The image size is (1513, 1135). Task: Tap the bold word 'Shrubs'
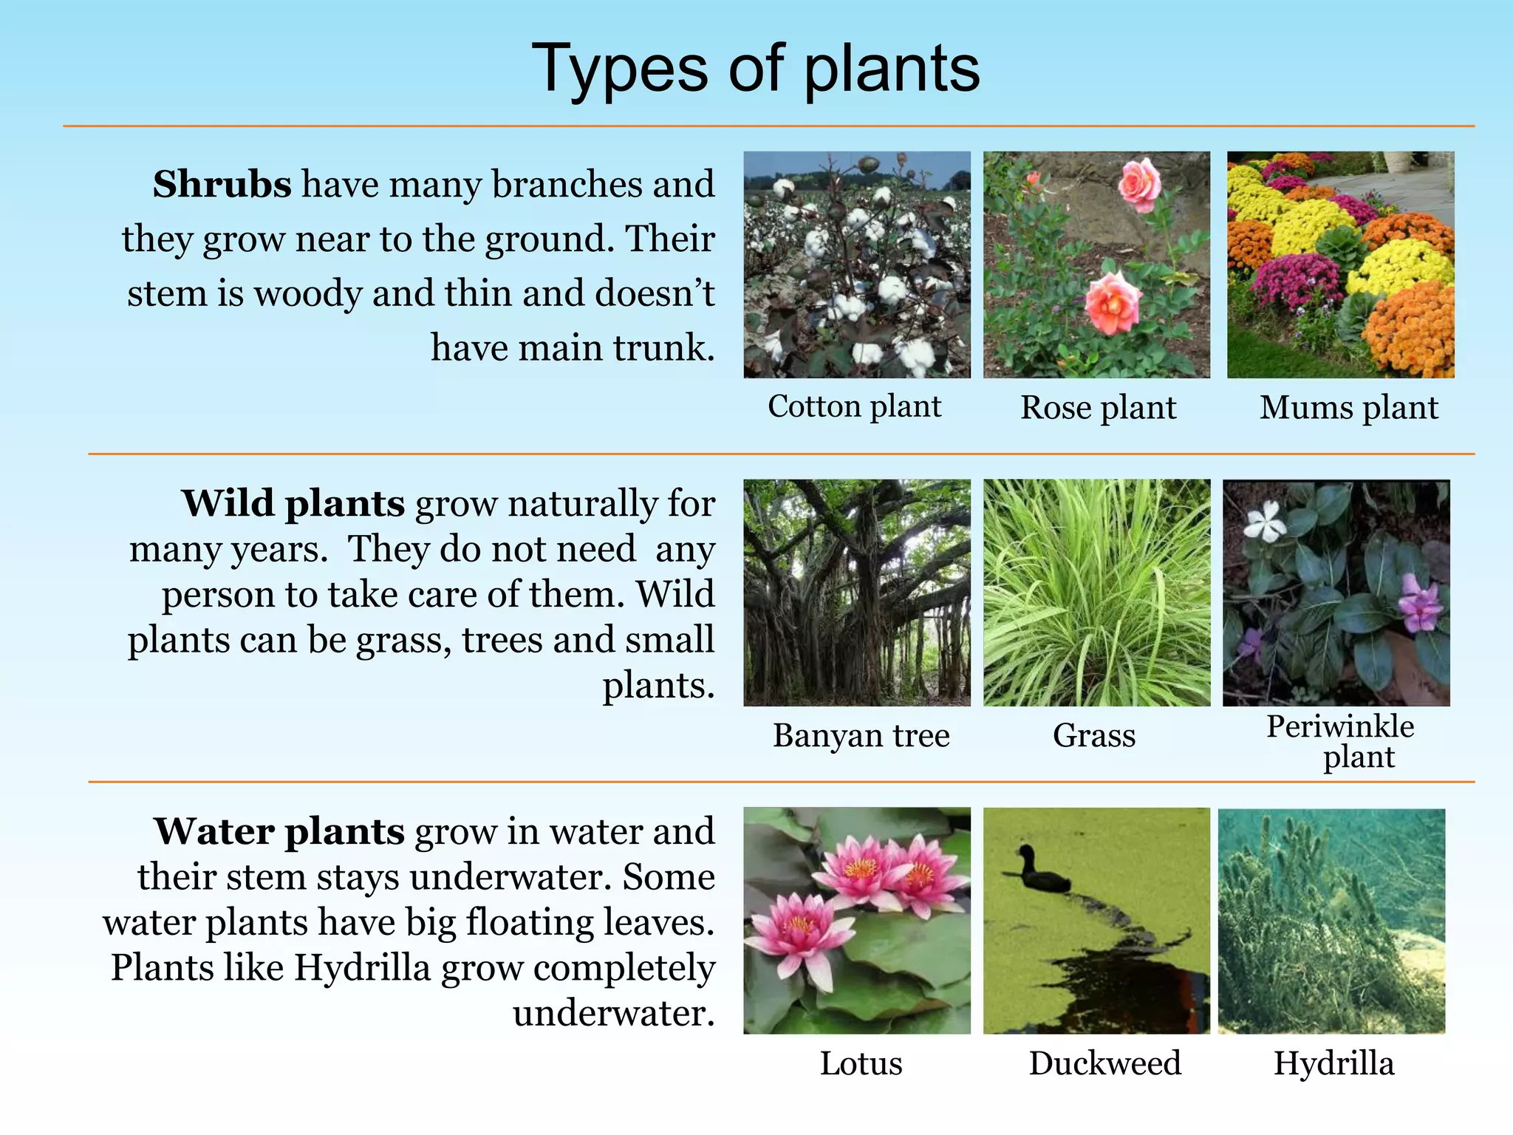click(222, 184)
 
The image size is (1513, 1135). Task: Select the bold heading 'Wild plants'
click(293, 504)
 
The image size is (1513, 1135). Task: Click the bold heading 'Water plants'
click(279, 831)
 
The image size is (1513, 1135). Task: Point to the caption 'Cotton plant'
click(854, 406)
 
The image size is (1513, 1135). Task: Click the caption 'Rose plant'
click(1098, 408)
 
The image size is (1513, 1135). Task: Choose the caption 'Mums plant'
click(1348, 408)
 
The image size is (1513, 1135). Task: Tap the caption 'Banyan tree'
click(861, 736)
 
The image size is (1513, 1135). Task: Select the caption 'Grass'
click(1093, 736)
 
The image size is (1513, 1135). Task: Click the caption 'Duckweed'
click(1104, 1063)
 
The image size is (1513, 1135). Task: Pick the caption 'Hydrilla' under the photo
click(1333, 1063)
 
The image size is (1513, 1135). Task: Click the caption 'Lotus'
click(861, 1063)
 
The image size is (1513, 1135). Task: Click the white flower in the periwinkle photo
click(1266, 520)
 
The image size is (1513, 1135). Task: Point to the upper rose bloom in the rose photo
click(1139, 185)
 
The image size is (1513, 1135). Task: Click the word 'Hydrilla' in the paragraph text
click(362, 968)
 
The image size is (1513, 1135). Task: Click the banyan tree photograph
click(857, 593)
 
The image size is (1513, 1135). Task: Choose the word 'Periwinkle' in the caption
click(1340, 726)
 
